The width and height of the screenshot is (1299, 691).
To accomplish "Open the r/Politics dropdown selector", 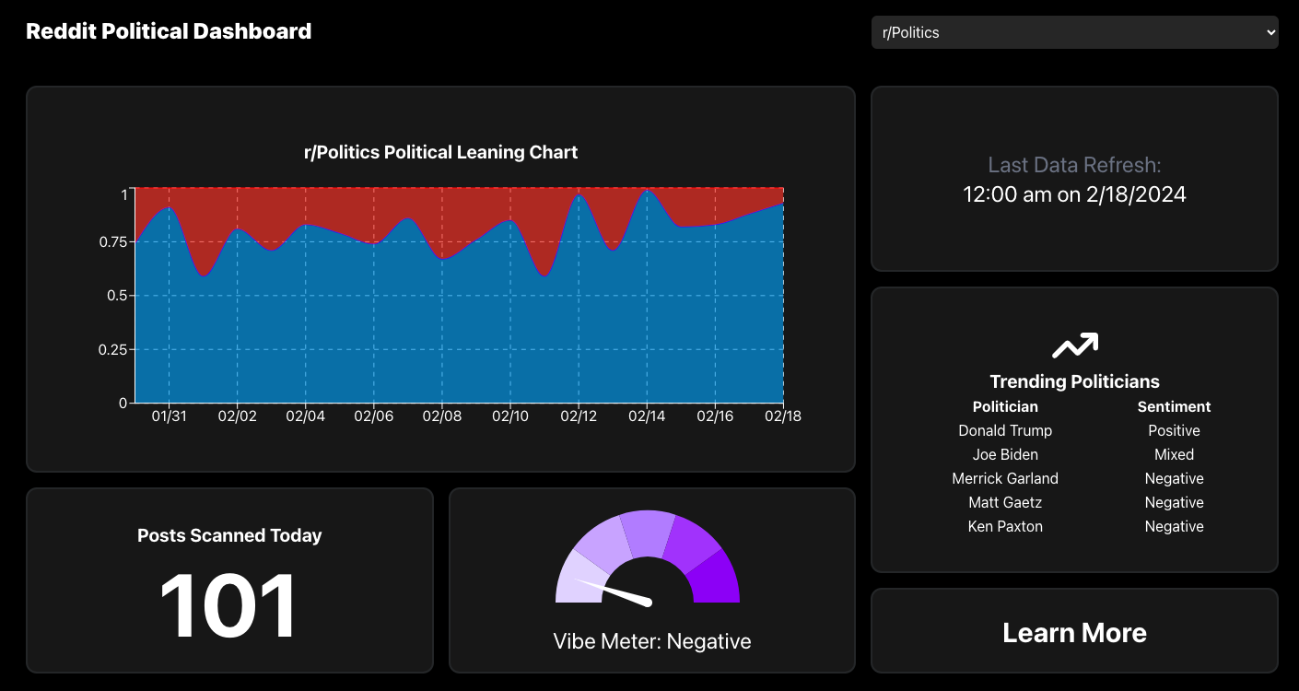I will pos(1074,32).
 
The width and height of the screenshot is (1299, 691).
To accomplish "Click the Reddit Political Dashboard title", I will pos(169,31).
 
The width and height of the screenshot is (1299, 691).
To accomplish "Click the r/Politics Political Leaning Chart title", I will pos(440,152).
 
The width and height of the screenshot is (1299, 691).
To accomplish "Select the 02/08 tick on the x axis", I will pos(441,416).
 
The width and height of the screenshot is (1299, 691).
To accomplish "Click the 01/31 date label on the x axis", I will pos(169,416).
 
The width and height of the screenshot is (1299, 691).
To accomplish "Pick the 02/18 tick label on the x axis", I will pos(782,416).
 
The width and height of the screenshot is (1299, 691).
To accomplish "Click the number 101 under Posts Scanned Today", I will pos(228,605).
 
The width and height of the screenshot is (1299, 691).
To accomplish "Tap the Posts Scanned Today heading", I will pos(229,535).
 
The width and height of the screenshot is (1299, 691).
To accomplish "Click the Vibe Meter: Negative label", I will pos(652,641).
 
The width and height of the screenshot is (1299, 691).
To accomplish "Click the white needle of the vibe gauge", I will pos(614,591).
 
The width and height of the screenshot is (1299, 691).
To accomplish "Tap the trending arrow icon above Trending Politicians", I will pos(1074,346).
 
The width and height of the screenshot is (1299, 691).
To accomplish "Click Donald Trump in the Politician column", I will pos(1005,430).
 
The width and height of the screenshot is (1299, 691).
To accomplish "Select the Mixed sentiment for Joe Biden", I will pos(1174,454).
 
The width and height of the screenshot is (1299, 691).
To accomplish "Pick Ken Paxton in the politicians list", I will pos(1005,526).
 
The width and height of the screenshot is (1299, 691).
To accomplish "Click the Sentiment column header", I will pos(1174,406).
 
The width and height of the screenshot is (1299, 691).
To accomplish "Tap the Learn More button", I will pos(1074,633).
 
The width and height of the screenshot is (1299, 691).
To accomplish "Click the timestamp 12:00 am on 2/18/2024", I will pos(1074,194).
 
